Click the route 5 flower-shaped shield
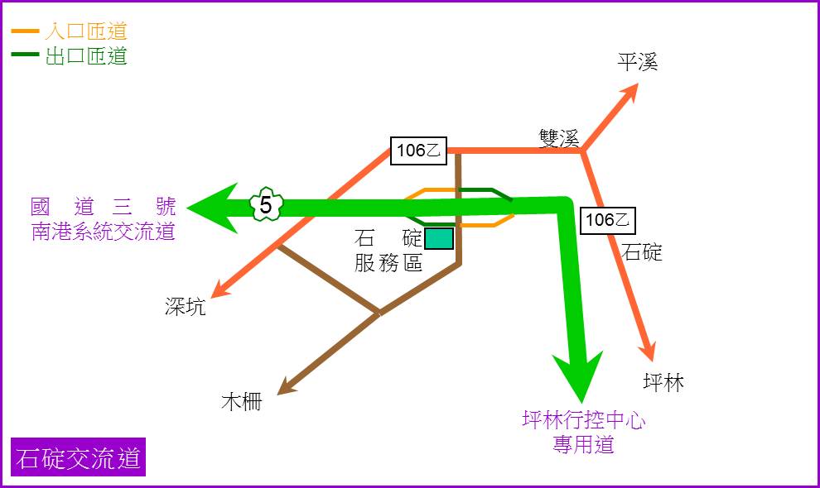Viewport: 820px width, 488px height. pyautogui.click(x=266, y=204)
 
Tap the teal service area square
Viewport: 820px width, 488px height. pyautogui.click(x=439, y=238)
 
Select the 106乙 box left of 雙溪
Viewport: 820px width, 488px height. pyautogui.click(x=418, y=151)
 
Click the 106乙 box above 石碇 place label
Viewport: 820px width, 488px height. pyautogui.click(x=608, y=220)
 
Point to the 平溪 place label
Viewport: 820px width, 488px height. pyautogui.click(x=638, y=62)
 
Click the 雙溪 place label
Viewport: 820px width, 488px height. pyautogui.click(x=559, y=138)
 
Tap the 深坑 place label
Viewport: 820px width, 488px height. pyautogui.click(x=186, y=306)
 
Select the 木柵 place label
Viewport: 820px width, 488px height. pyautogui.click(x=242, y=401)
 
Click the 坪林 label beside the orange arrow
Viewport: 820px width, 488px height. pyautogui.click(x=663, y=382)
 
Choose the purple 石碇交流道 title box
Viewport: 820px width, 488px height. pyautogui.click(x=78, y=457)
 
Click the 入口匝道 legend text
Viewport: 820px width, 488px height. pyautogui.click(x=86, y=31)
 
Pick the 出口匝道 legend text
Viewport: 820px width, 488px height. pyautogui.click(x=86, y=55)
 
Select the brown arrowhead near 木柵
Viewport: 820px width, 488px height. pyautogui.click(x=286, y=386)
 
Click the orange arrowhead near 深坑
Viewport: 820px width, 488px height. pyautogui.click(x=219, y=290)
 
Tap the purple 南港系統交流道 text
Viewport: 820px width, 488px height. pyautogui.click(x=103, y=232)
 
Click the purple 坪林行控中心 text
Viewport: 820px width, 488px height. pyautogui.click(x=584, y=419)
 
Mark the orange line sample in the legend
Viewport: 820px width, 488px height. pyautogui.click(x=25, y=31)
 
